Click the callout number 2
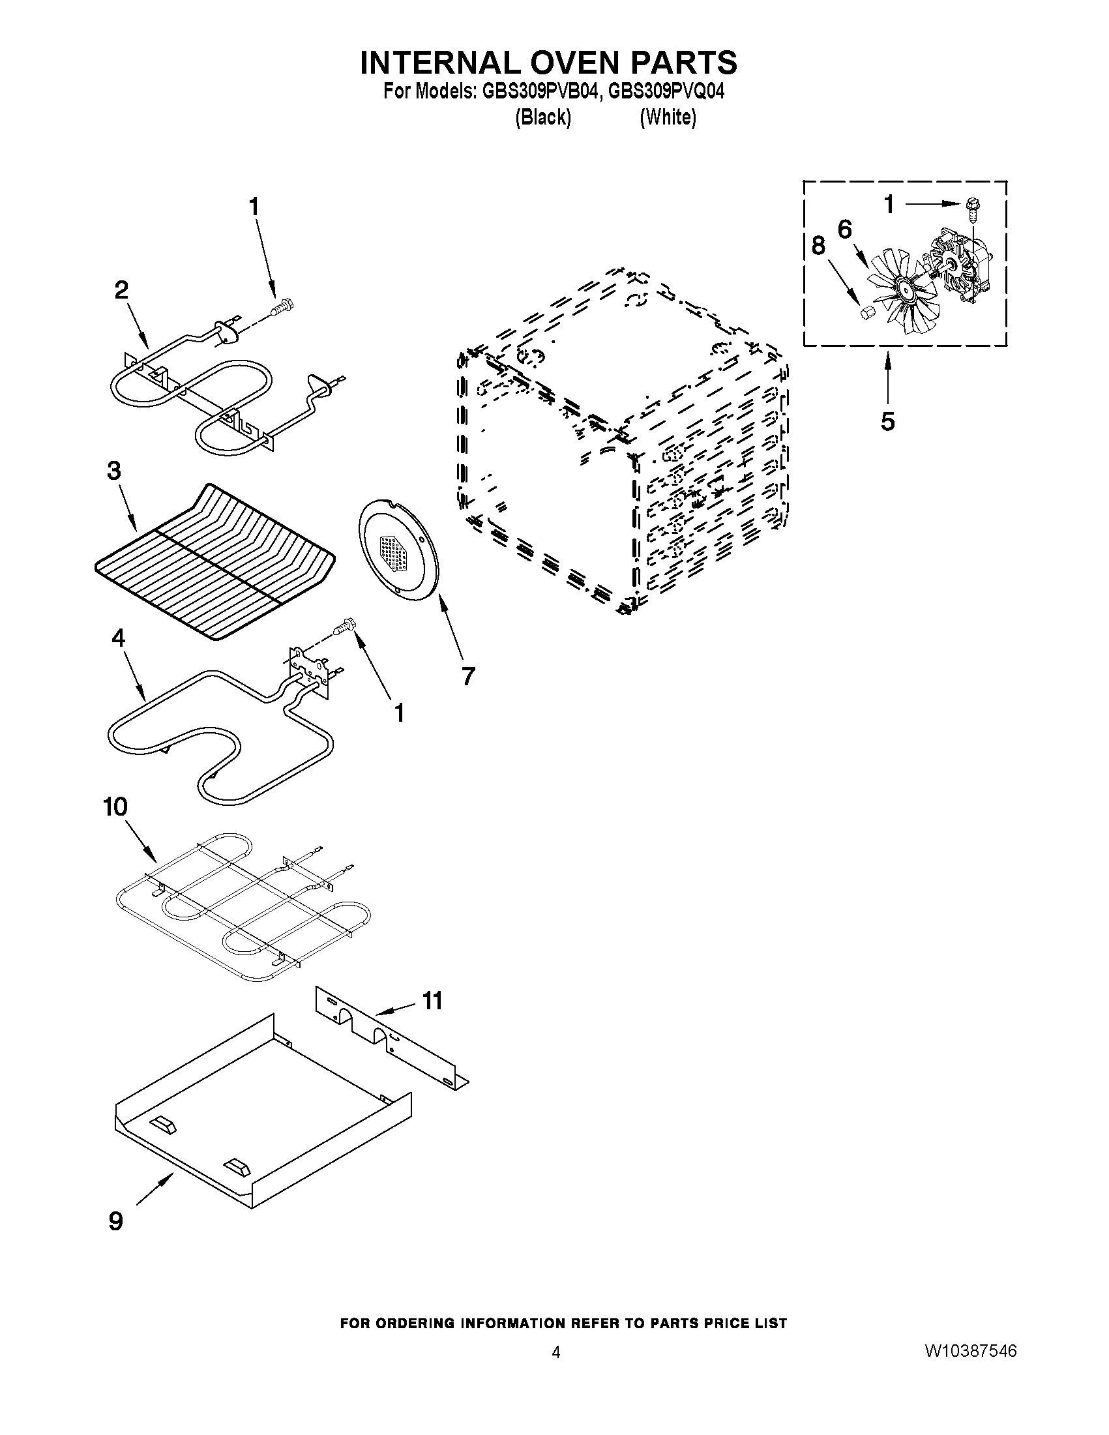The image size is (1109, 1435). pyautogui.click(x=121, y=290)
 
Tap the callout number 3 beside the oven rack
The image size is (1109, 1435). pyautogui.click(x=114, y=471)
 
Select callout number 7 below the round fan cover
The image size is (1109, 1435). pyautogui.click(x=467, y=675)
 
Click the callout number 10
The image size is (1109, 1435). pyautogui.click(x=115, y=807)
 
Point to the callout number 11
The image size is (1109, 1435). pyautogui.click(x=432, y=1001)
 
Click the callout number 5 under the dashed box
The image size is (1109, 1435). pyautogui.click(x=887, y=421)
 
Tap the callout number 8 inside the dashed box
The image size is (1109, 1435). pyautogui.click(x=818, y=246)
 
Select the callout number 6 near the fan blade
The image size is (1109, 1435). pyautogui.click(x=845, y=229)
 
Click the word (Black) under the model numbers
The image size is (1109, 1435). pyautogui.click(x=542, y=117)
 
